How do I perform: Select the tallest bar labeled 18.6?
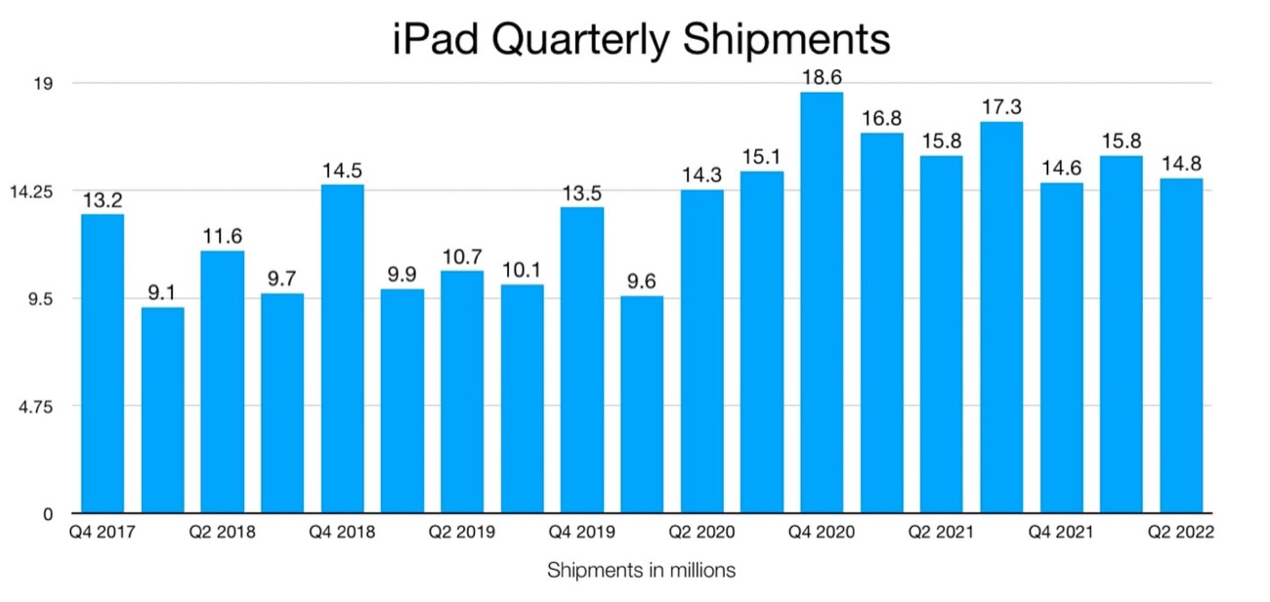tap(822, 303)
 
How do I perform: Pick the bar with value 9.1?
tap(162, 410)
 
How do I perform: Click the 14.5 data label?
tap(342, 170)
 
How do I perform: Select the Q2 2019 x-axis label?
tap(462, 533)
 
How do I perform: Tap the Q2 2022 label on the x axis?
tap(1181, 533)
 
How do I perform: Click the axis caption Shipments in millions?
tap(641, 569)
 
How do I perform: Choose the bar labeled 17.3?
tap(1001, 318)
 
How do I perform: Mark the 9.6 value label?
tap(642, 281)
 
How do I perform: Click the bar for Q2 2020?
tap(702, 352)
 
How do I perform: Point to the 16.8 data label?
tap(881, 118)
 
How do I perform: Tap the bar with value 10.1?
tap(522, 399)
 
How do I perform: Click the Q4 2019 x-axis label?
tap(582, 533)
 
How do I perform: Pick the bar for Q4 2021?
tap(1061, 348)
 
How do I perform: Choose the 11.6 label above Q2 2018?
tap(222, 236)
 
